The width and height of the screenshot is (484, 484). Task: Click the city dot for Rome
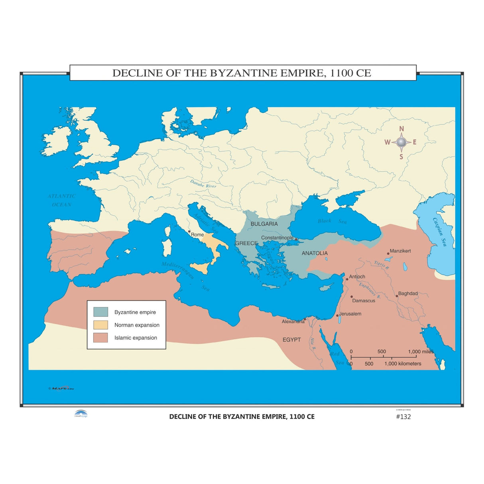tap(189, 231)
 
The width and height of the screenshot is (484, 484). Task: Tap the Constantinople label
tap(277, 238)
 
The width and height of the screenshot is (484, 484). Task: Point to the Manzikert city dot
tap(388, 253)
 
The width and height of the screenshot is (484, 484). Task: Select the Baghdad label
tap(408, 293)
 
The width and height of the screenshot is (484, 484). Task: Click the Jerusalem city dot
tap(337, 315)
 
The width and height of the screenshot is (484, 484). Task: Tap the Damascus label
tap(364, 301)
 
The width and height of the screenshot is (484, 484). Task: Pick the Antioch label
tap(357, 277)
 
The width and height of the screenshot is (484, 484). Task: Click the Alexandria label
tap(293, 321)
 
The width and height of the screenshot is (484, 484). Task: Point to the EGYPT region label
tap(292, 340)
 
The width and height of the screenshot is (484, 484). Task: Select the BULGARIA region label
tap(264, 224)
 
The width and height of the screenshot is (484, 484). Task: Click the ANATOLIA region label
tap(315, 253)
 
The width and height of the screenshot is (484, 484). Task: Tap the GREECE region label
tap(246, 243)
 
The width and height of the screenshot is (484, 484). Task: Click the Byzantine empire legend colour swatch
tap(100, 312)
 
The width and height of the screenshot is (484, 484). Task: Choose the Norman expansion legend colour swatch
tap(100, 325)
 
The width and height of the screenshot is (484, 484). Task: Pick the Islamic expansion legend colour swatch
tap(100, 337)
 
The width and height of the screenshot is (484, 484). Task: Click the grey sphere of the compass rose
tap(401, 142)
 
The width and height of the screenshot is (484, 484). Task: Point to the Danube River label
tap(203, 184)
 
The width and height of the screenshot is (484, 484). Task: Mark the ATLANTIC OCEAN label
tap(61, 200)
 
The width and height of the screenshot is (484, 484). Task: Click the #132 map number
tap(403, 417)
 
